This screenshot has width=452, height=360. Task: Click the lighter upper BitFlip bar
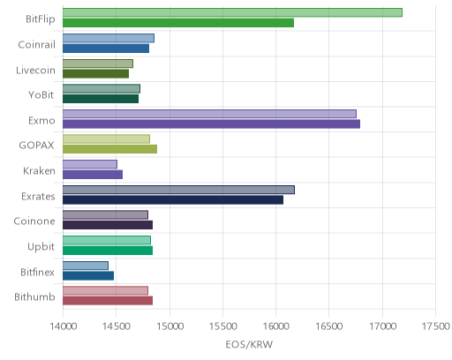coord(232,12)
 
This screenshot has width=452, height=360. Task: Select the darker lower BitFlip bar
coord(178,23)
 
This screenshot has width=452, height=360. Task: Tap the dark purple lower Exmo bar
coord(211,124)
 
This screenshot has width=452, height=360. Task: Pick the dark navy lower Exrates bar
coord(173,199)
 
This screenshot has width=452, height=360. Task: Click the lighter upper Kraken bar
coord(90,164)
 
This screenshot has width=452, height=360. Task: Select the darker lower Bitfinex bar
coord(88,275)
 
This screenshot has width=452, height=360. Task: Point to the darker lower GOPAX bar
coord(109,149)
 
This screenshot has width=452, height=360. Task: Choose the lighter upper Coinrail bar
coord(109,38)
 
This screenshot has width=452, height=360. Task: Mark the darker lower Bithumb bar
coord(108,301)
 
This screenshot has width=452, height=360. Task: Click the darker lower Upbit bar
coord(108,251)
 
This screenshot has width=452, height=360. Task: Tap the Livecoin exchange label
coord(35,71)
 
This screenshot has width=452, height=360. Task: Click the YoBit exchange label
coord(41,95)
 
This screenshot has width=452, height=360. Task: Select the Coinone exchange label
coord(34,221)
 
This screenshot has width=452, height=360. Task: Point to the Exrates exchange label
coord(38,196)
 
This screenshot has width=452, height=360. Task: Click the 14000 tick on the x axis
coord(64,326)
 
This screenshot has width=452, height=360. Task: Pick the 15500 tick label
coord(223,326)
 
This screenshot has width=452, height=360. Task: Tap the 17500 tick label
coord(436,326)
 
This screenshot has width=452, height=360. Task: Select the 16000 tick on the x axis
coord(276,326)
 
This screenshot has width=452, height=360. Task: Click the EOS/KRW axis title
coord(249,344)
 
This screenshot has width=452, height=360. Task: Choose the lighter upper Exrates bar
coord(178,190)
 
